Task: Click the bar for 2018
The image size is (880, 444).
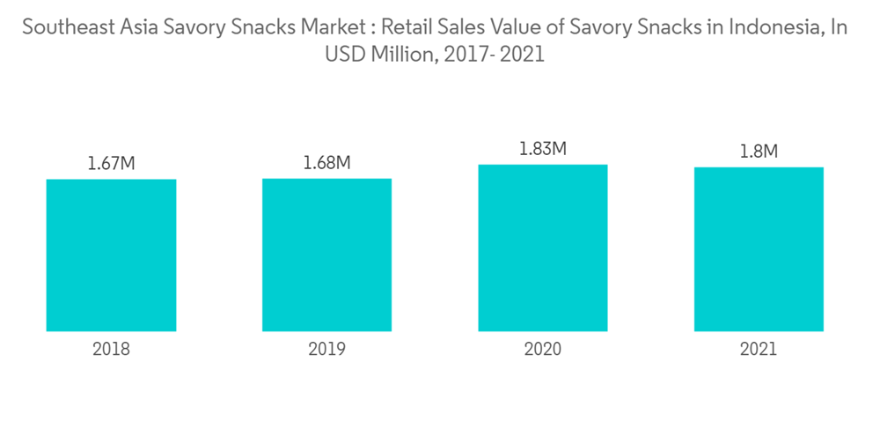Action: pos(111,255)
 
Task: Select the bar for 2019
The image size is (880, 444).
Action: pos(326,255)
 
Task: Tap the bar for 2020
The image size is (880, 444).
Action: pos(543,248)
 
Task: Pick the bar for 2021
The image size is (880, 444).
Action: pos(759,249)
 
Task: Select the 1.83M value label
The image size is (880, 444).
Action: pos(543,148)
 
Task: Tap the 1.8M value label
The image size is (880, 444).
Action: pos(759,151)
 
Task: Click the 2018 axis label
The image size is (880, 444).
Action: pos(111,349)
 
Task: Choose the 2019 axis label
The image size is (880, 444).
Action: pos(326,349)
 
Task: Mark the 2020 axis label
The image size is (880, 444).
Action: pos(543,349)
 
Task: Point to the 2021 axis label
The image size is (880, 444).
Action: pos(759,349)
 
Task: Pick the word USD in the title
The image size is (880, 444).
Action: pos(344,54)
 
